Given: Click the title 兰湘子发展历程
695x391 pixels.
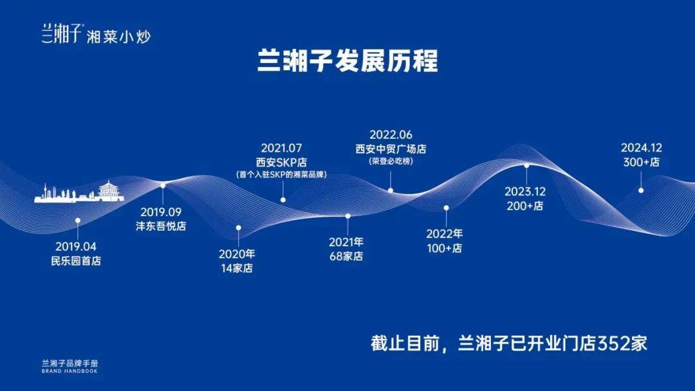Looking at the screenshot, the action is [347, 60].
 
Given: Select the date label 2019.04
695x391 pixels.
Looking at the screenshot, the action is [76, 246].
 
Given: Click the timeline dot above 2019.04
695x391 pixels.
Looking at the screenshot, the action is [78, 220].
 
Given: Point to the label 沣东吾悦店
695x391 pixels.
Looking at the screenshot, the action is [161, 226].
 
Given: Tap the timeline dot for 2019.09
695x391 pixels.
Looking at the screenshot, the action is [163, 186].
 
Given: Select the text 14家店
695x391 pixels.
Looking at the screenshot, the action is [237, 268].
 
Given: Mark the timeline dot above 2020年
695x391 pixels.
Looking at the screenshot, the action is [239, 228].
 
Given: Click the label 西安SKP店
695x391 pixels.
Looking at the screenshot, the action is [281, 162].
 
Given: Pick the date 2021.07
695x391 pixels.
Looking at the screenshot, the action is [281, 148].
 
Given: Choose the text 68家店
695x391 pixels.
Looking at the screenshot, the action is [346, 256].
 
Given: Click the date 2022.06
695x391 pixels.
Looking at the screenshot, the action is [391, 134].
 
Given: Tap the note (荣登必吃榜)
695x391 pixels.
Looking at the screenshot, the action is [391, 161].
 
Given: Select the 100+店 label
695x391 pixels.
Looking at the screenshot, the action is [445, 248].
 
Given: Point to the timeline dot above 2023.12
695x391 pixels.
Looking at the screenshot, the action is [526, 166].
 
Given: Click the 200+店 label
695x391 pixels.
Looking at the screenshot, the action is [525, 206].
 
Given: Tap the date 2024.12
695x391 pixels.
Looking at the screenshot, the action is [642, 148].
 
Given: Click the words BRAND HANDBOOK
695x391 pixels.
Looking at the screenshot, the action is [69, 371].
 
